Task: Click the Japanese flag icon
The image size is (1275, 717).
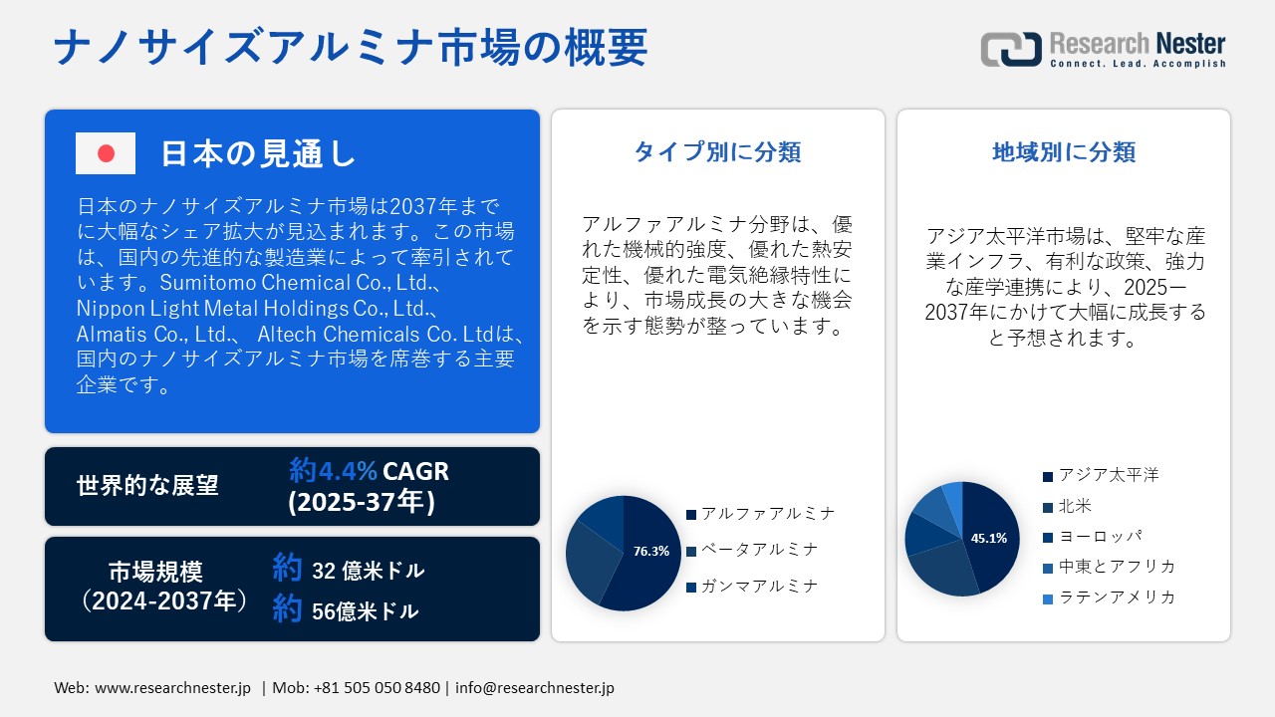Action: click(106, 153)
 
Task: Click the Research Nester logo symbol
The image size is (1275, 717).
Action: click(1011, 49)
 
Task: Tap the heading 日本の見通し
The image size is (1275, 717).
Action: click(258, 153)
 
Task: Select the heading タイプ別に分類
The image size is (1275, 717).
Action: click(717, 152)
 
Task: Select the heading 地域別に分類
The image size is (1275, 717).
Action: click(1063, 152)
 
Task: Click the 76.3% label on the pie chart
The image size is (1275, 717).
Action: click(651, 551)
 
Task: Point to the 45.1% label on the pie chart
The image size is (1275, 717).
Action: click(989, 538)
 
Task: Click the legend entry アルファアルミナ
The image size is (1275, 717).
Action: click(760, 514)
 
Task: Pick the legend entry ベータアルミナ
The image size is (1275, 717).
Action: click(752, 550)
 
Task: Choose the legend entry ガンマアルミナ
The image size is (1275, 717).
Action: click(752, 587)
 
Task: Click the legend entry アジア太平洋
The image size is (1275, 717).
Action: click(1101, 475)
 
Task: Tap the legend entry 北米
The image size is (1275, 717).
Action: click(1067, 506)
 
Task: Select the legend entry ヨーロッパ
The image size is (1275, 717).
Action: click(1093, 536)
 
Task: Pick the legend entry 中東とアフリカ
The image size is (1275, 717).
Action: click(1109, 567)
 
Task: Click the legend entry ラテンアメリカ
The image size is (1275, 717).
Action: click(1109, 597)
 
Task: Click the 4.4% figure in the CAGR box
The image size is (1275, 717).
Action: click(348, 471)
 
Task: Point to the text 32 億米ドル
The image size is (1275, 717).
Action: click(368, 571)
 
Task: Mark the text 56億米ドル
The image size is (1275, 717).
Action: click(365, 611)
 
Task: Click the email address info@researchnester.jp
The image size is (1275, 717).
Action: click(535, 688)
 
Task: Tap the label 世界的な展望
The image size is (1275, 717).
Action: click(147, 485)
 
